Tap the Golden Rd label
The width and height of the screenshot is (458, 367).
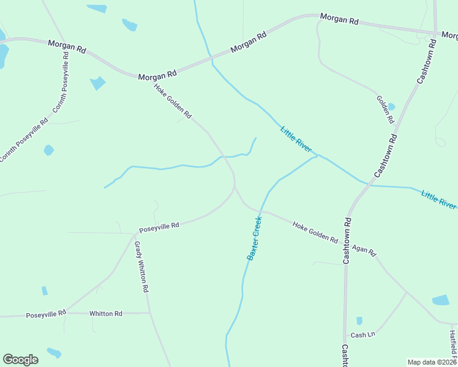point(385,109)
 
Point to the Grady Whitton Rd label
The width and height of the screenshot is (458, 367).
point(141,267)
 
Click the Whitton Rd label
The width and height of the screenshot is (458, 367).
point(106,313)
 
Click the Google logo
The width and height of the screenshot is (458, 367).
point(20,360)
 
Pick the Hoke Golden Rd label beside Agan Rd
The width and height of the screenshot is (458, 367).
point(315,233)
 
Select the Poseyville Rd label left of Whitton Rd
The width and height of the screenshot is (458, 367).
point(46,314)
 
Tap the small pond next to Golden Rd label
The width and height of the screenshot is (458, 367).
point(391,106)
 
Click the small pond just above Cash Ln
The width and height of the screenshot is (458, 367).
point(359,321)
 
